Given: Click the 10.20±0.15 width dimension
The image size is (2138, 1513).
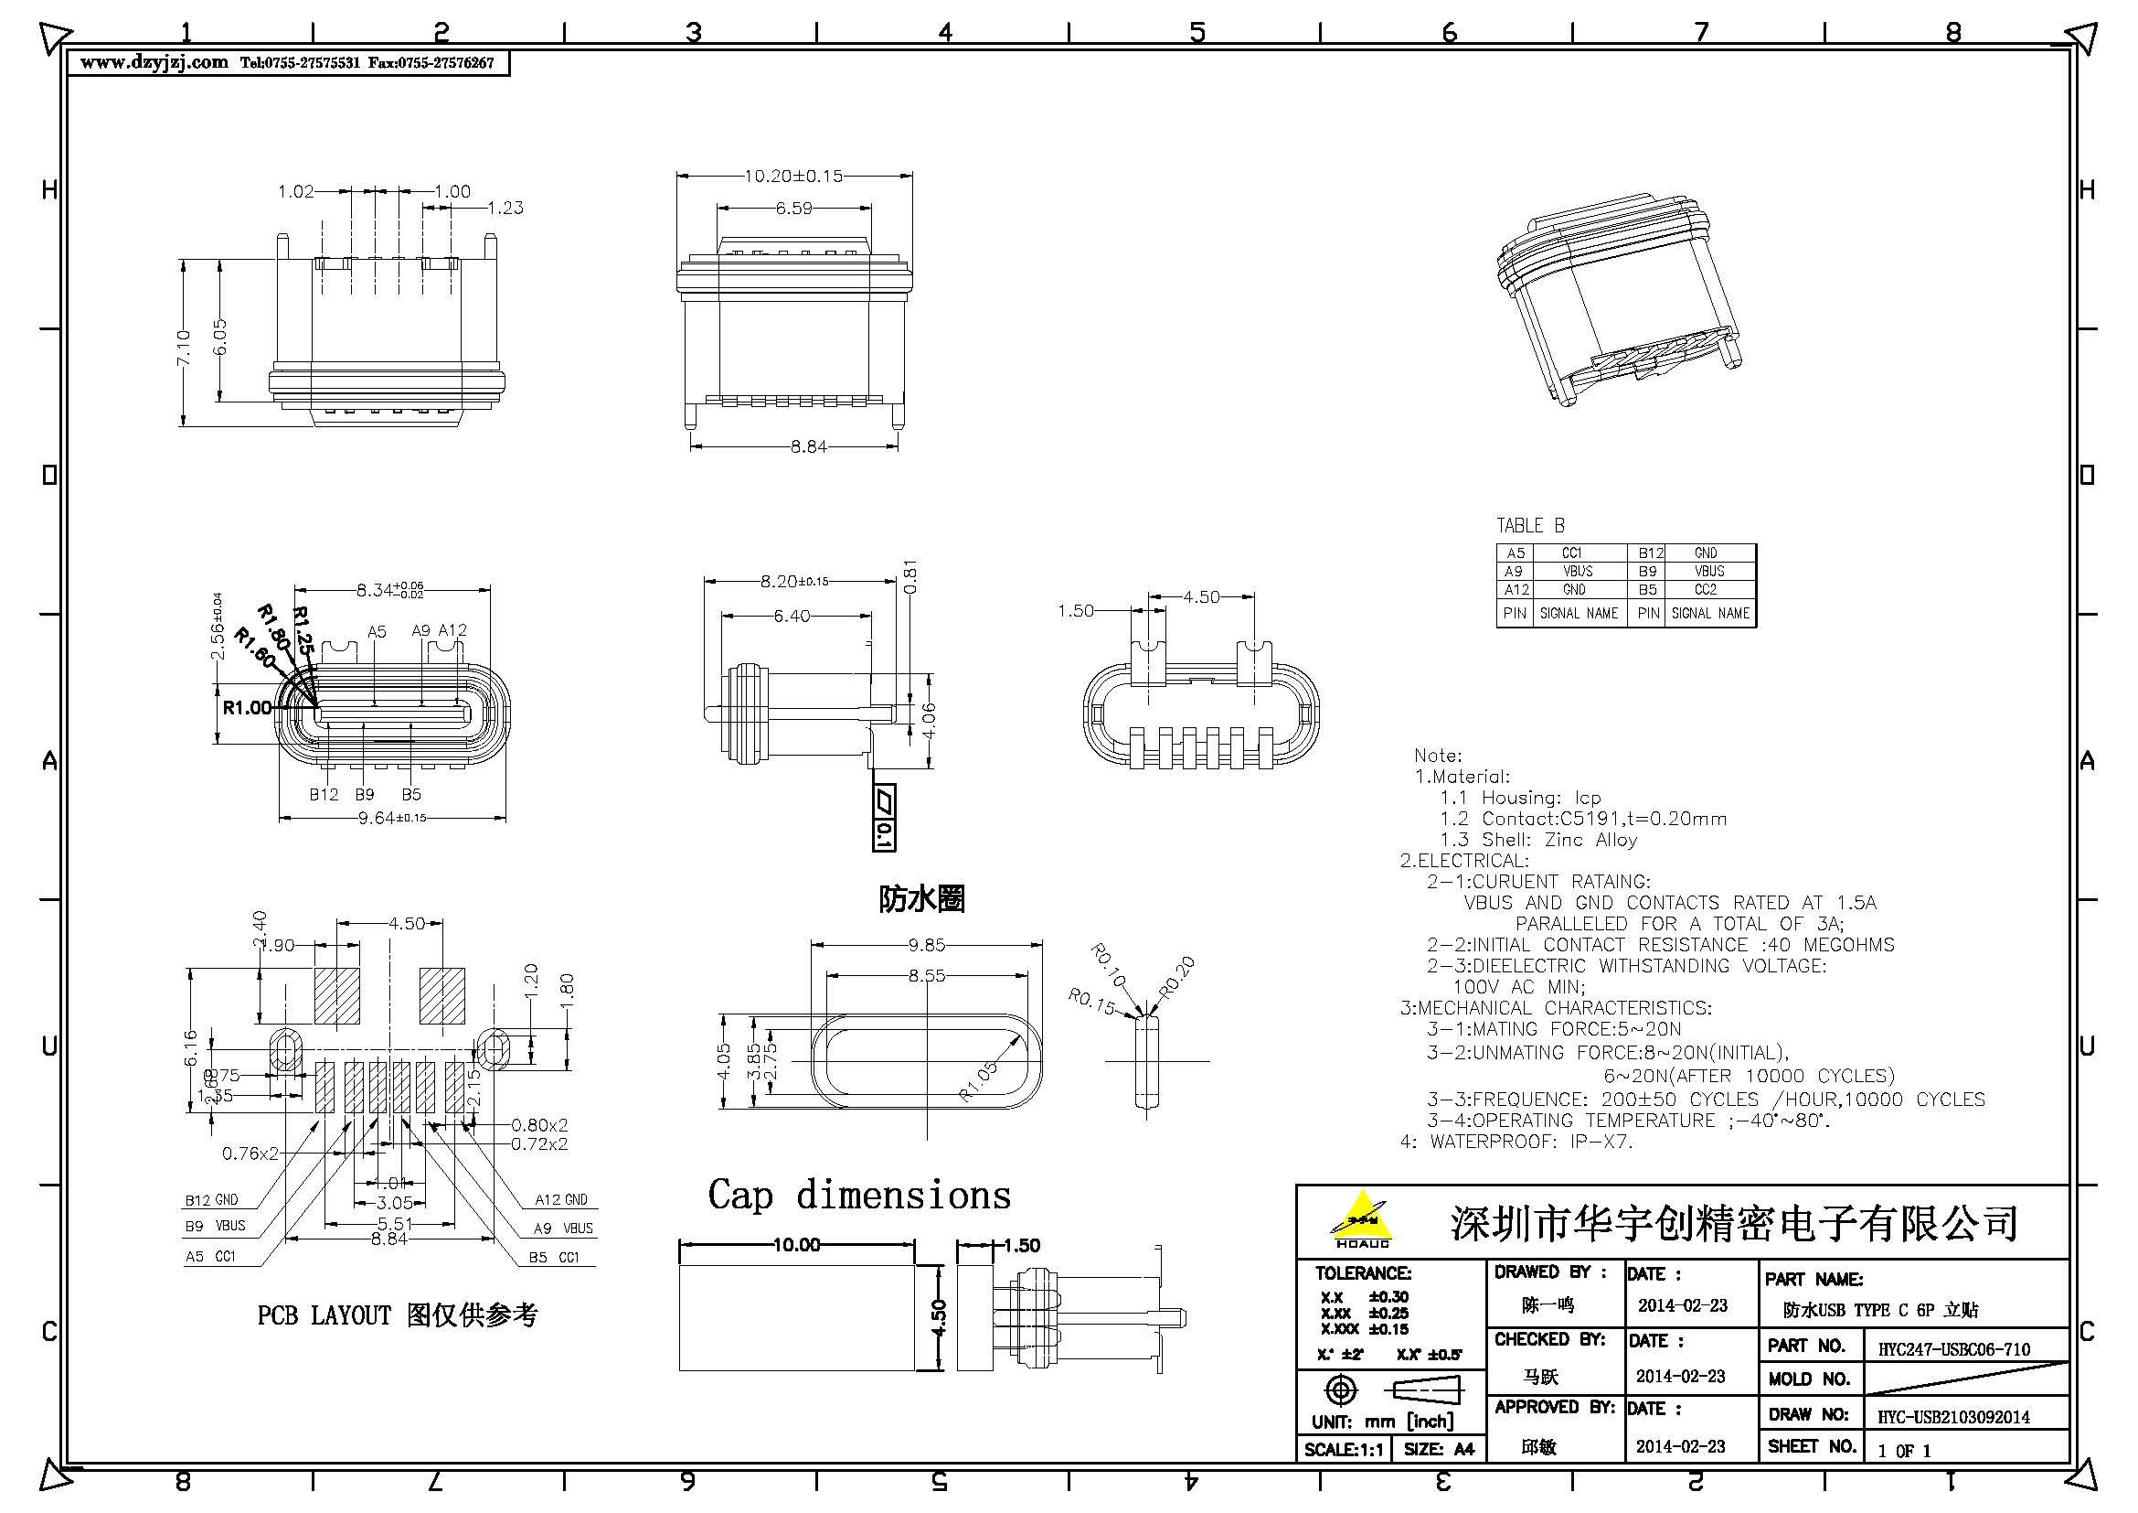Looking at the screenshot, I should tap(793, 175).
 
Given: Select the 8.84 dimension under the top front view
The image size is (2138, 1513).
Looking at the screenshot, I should tap(808, 446).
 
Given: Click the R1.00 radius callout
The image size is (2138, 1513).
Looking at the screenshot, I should tap(247, 708).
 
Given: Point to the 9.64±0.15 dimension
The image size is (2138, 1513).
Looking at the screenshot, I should tap(392, 818).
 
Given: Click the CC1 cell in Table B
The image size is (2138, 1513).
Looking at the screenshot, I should tap(1572, 553).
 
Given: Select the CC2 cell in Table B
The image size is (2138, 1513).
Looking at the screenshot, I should tap(1705, 590).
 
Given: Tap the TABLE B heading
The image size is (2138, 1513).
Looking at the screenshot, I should tap(1530, 525).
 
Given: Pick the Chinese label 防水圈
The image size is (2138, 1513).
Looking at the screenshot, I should tap(922, 899).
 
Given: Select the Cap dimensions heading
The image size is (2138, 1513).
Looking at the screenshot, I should tap(858, 1196).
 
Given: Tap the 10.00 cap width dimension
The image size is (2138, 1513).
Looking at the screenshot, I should tap(796, 1245).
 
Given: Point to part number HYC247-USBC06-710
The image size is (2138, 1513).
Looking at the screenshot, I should tap(1953, 1349).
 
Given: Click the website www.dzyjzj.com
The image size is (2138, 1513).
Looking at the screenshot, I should tap(154, 62).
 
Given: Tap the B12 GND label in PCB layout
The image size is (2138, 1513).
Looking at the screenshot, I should tap(211, 1200).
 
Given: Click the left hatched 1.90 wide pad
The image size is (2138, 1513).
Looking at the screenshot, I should tap(336, 996).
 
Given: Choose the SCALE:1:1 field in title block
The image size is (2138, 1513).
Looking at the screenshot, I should tap(1343, 1449).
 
